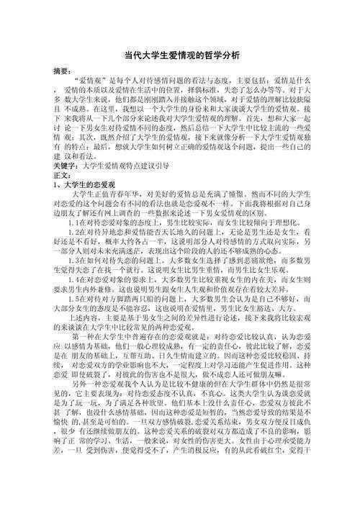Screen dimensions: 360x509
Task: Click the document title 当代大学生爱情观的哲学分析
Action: tap(179, 54)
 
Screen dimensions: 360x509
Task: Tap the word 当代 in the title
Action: tap(132, 54)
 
